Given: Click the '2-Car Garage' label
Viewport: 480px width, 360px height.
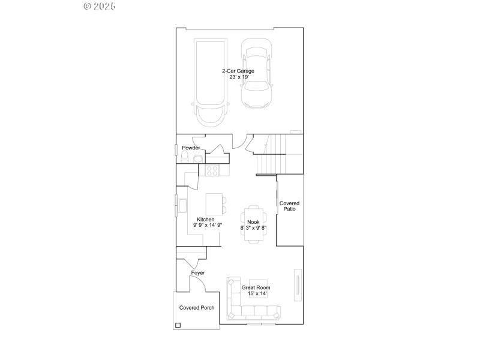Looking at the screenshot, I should tap(238, 71).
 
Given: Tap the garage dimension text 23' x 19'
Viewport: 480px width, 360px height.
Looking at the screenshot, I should tap(238, 77).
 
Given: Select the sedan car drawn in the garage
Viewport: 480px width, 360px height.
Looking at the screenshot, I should tap(257, 73).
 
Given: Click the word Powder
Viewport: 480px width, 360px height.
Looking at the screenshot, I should tap(191, 148).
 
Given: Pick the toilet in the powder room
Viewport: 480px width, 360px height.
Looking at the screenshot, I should tap(185, 157).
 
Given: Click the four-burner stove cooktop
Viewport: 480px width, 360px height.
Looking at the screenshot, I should tap(212, 170).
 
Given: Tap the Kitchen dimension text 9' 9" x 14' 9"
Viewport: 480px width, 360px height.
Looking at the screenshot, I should tap(208, 226).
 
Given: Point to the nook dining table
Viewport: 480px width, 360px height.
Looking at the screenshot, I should tap(253, 224).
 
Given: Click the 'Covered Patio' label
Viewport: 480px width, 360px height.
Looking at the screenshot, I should tap(289, 206).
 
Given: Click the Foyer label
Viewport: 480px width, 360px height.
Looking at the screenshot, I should tap(198, 273).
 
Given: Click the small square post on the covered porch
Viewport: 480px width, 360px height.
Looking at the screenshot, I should tap(178, 326).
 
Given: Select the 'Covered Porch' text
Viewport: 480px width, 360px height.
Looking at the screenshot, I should tap(197, 308).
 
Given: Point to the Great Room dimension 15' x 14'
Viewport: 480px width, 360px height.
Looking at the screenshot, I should tap(256, 294).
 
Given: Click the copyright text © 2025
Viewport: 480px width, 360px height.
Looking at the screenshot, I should tap(99, 6).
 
